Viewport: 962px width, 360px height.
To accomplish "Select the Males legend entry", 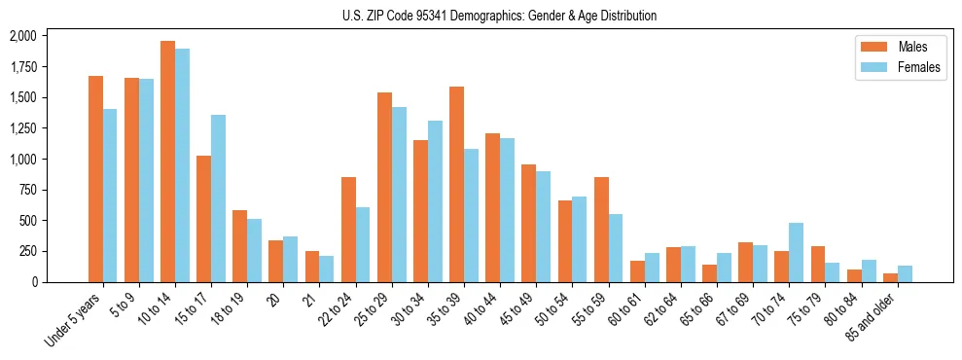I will [x=899, y=47].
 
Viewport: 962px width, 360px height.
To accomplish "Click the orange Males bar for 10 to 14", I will [x=167, y=162].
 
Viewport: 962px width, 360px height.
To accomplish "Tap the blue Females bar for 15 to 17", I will [x=218, y=198].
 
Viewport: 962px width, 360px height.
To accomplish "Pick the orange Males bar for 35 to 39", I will [x=456, y=184].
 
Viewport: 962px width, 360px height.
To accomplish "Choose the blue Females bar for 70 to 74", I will [x=796, y=252].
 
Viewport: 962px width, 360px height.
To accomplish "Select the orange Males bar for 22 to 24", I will [x=348, y=230].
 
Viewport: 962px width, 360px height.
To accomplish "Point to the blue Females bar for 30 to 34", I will [x=435, y=201].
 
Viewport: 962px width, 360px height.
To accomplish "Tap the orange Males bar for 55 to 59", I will [x=601, y=230].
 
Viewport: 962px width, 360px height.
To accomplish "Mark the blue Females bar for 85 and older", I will [x=905, y=273].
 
